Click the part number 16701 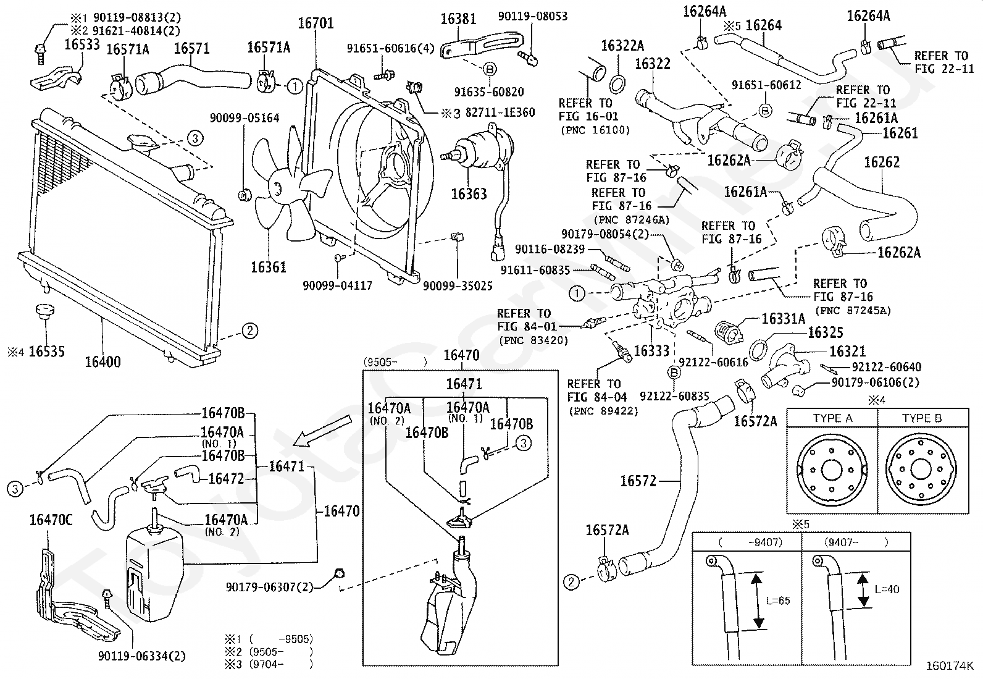pos(316,23)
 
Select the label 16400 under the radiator pos(102,361)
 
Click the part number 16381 pos(458,19)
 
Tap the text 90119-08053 pos(532,16)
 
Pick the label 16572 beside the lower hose pos(638,481)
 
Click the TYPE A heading pos(832,418)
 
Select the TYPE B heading pos(922,418)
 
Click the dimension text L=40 pos(887,589)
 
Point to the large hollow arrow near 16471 pos(323,432)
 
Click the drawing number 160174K pos(950,665)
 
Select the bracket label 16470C pos(51,520)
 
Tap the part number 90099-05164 pos(245,118)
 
